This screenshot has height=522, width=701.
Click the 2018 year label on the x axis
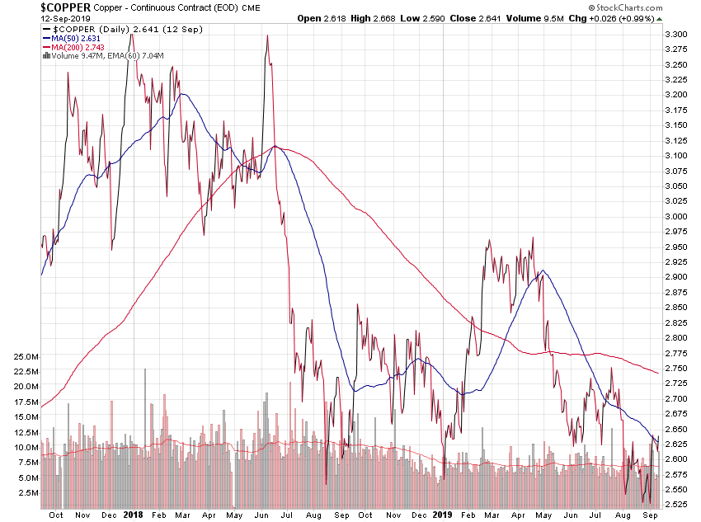[x=134, y=514]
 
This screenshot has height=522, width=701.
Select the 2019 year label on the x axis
[x=443, y=514]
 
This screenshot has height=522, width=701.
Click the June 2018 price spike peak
[x=267, y=35]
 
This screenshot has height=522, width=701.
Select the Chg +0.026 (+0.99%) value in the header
[x=641, y=19]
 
